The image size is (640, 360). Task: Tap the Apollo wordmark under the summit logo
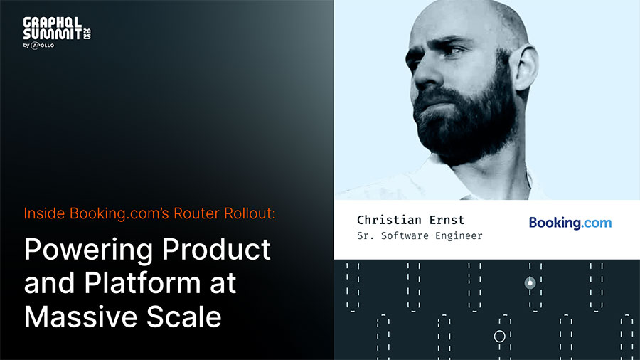43,46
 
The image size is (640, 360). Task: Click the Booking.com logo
570,223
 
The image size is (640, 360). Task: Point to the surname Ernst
447,220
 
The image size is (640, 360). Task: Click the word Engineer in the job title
459,235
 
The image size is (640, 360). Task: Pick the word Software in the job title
405,235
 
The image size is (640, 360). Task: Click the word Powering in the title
89,250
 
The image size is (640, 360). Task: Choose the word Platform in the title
142,282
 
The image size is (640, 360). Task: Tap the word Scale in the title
183,317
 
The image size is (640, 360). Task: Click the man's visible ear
526,68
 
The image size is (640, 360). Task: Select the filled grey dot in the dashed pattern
530,282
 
